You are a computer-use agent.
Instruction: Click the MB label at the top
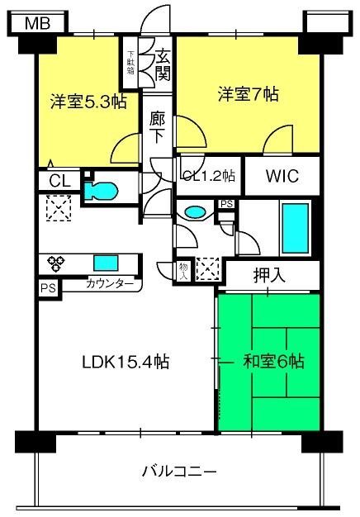pos(38,23)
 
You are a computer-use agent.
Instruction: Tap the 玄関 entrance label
pos(163,64)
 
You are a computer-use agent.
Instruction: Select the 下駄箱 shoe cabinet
pos(130,62)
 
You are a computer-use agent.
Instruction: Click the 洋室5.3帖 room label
pos(88,102)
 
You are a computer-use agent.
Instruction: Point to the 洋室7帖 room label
pos(248,94)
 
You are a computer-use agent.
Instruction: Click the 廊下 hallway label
pos(157,128)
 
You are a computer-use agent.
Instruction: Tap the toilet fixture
pos(101,192)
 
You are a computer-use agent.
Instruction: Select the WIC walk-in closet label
pos(282,176)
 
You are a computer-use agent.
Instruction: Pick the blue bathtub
pos(295,228)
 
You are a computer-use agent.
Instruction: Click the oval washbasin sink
pos(195,212)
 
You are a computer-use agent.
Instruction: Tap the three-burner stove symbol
pos(55,264)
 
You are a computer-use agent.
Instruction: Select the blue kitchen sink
pos(106,263)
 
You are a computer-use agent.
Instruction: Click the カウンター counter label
pos(110,283)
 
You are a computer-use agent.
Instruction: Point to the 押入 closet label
pos(269,276)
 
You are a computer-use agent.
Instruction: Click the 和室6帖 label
pos(273,362)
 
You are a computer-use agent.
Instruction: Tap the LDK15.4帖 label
pos(126,362)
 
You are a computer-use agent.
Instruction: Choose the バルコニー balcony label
pos(179,472)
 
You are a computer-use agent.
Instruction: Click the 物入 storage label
pos(183,272)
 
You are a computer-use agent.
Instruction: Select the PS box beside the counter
pos(49,289)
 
